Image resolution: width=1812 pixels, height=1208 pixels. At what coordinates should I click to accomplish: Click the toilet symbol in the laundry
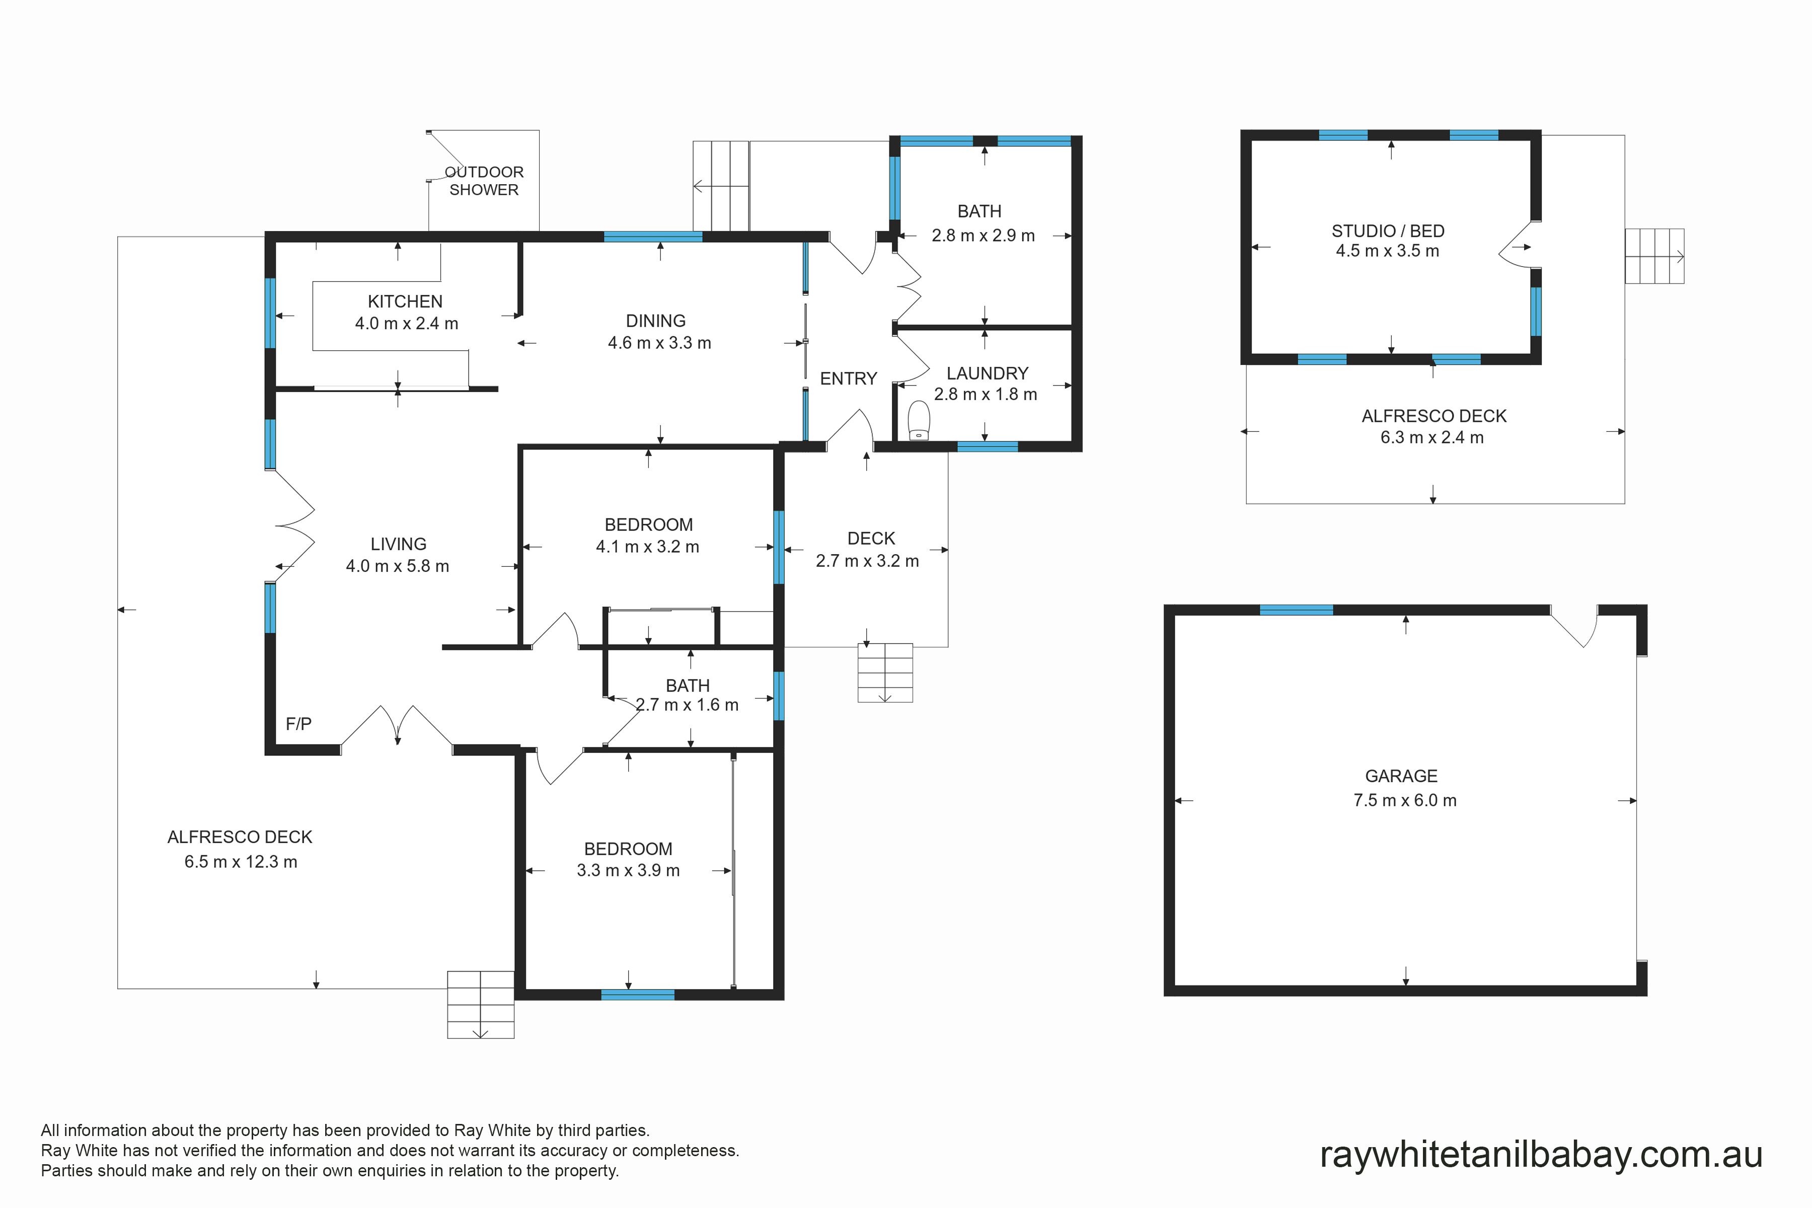point(919,421)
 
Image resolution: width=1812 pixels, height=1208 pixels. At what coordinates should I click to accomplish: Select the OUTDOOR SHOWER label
point(484,180)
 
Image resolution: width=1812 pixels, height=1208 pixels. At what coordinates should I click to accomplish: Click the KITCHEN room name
point(405,301)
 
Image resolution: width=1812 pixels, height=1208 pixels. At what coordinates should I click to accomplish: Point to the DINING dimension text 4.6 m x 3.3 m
point(659,343)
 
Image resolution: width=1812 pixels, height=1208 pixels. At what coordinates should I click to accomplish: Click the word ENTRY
point(848,379)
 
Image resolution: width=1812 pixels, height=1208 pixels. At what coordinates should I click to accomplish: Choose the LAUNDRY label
point(987,373)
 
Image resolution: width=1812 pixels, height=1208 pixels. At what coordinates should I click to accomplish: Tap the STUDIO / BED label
point(1388,231)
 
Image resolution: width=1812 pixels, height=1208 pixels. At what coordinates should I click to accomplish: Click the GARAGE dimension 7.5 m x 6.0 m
point(1405,800)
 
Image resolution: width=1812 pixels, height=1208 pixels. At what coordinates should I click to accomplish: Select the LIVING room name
point(398,544)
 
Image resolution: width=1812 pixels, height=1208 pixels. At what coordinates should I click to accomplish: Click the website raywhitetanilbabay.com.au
point(1541,1155)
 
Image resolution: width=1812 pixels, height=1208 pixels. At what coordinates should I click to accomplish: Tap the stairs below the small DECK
point(885,672)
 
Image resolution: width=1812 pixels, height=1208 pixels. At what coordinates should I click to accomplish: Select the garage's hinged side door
point(1574,626)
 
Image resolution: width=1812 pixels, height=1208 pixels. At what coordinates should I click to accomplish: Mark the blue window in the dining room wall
point(652,237)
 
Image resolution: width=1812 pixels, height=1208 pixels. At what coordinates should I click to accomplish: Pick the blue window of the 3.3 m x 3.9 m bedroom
point(637,995)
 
